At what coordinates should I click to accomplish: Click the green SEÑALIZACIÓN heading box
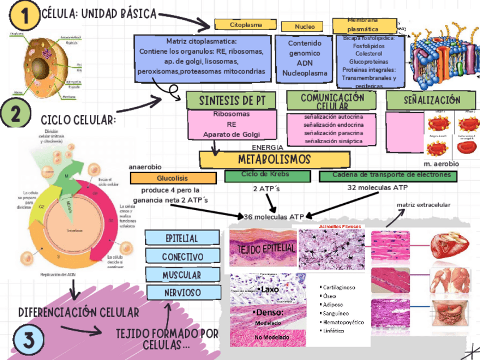click(x=431, y=100)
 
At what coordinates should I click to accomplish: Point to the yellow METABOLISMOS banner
click(x=259, y=158)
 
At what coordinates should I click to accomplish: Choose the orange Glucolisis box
click(x=174, y=178)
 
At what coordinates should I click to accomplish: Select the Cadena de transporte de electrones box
click(x=388, y=176)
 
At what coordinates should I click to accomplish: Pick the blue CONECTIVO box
click(x=182, y=257)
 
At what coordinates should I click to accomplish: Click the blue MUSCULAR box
click(x=182, y=275)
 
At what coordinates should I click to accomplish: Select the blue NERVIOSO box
click(x=182, y=293)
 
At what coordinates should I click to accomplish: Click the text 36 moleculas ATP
click(x=273, y=217)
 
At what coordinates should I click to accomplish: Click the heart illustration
click(x=449, y=245)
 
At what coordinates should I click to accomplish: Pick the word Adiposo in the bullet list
click(x=334, y=304)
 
